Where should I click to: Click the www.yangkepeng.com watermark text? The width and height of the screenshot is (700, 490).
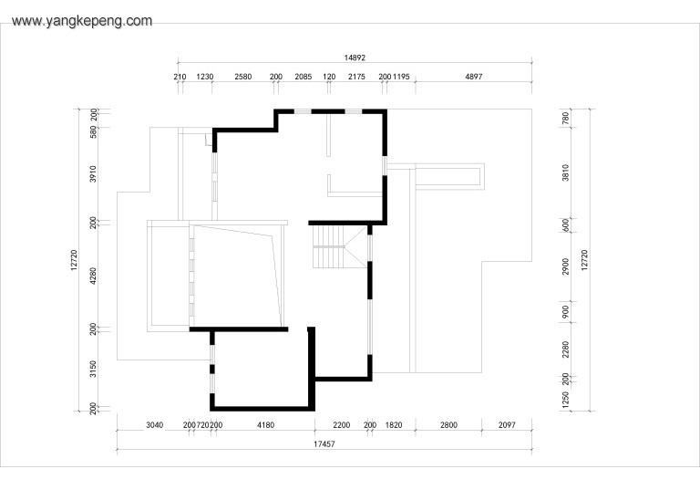click(x=82, y=21)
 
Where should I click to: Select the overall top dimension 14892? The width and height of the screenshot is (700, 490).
click(x=355, y=57)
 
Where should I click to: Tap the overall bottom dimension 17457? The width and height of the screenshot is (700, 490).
click(x=324, y=444)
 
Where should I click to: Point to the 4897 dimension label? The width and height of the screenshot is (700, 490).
click(x=474, y=77)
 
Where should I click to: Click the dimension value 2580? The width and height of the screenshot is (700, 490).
click(x=242, y=77)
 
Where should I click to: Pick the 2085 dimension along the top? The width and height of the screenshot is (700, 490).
click(x=304, y=77)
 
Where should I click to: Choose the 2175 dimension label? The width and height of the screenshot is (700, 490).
click(x=356, y=77)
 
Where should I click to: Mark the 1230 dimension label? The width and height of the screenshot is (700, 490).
click(x=205, y=77)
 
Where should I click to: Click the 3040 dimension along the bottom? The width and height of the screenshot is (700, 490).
click(x=154, y=424)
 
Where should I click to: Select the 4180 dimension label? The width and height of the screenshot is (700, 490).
click(x=265, y=424)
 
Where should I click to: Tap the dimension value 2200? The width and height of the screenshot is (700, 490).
click(x=342, y=424)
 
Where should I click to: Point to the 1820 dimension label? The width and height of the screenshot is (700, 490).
click(x=394, y=424)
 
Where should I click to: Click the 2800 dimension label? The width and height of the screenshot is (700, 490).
click(x=448, y=424)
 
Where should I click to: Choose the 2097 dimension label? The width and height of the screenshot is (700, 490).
click(x=507, y=424)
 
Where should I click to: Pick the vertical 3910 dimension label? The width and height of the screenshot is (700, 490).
click(x=93, y=174)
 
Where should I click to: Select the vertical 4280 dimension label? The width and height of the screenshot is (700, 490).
click(x=93, y=276)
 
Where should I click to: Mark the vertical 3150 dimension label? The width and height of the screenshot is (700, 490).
click(x=93, y=369)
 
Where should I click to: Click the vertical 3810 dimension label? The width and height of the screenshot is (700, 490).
click(x=566, y=172)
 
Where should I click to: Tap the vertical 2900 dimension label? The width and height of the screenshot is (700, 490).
click(x=566, y=266)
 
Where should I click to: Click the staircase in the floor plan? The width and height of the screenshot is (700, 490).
click(x=340, y=246)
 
